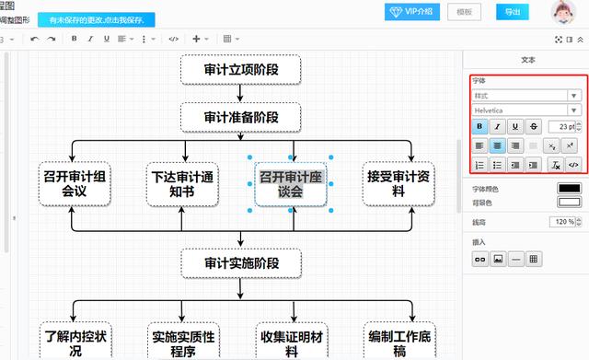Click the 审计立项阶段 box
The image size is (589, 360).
(x=240, y=69)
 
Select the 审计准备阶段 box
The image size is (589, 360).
(x=240, y=117)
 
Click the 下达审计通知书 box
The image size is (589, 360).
(x=182, y=182)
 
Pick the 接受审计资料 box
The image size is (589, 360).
(x=398, y=182)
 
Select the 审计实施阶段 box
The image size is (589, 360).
(x=240, y=263)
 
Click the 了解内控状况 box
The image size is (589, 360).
(x=75, y=341)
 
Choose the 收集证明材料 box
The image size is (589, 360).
(x=292, y=341)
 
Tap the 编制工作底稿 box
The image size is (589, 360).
(x=398, y=341)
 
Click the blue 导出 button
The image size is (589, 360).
(x=512, y=12)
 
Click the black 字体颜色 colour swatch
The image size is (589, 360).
(x=569, y=189)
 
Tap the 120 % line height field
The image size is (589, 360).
(x=563, y=222)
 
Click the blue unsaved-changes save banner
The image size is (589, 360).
(x=97, y=19)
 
